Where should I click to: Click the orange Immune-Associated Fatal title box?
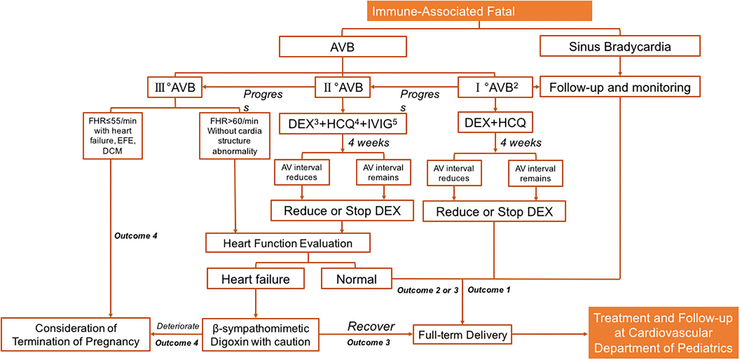click(479, 11)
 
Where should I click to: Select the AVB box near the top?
click(342, 47)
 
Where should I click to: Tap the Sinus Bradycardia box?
click(619, 46)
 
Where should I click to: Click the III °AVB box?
click(175, 87)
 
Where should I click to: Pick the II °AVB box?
click(342, 87)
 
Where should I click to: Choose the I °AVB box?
click(495, 87)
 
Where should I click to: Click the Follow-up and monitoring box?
click(619, 87)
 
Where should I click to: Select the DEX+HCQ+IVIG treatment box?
click(342, 124)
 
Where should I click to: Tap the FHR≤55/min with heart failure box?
click(112, 136)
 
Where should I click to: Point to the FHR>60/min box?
click(234, 136)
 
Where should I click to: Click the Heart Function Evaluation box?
click(287, 243)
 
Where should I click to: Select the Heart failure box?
click(255, 279)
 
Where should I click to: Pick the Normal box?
click(356, 279)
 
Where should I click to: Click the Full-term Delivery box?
click(462, 335)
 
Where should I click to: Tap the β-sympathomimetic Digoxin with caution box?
click(260, 335)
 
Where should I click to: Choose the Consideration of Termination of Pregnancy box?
click(76, 335)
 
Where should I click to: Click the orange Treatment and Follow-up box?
click(663, 333)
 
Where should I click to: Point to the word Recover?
click(371, 326)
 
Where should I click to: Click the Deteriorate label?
click(178, 326)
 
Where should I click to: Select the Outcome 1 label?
click(489, 290)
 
